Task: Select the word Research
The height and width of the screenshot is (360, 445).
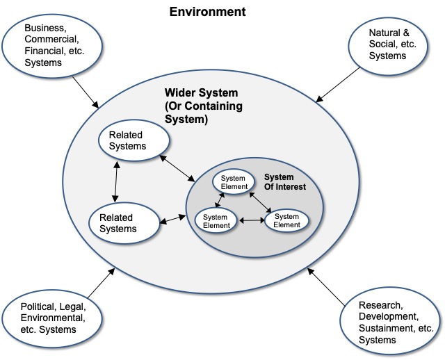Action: coord(380,305)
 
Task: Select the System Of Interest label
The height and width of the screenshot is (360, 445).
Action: coord(285,181)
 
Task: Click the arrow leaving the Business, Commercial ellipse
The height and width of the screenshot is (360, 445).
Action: coord(86,88)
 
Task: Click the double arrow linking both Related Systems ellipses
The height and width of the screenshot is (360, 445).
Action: coord(115,182)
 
